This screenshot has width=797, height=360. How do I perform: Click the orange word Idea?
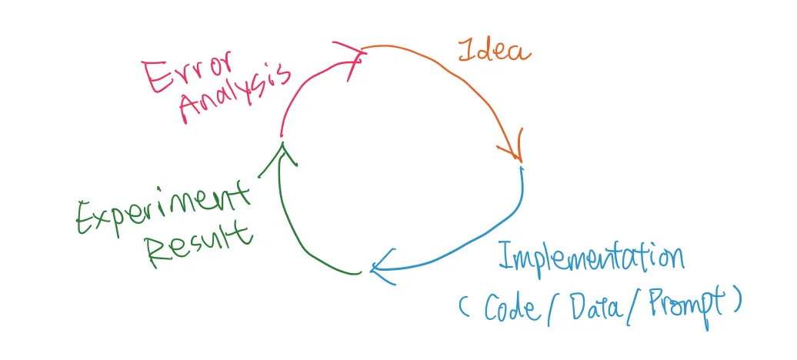point(494,51)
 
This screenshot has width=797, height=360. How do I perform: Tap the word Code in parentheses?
point(510,307)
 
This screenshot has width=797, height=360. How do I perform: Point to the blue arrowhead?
point(382,267)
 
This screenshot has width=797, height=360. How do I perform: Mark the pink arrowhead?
point(350,58)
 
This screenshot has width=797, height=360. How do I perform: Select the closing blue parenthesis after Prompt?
point(736,302)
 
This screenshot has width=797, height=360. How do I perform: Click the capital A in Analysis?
point(192,108)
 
